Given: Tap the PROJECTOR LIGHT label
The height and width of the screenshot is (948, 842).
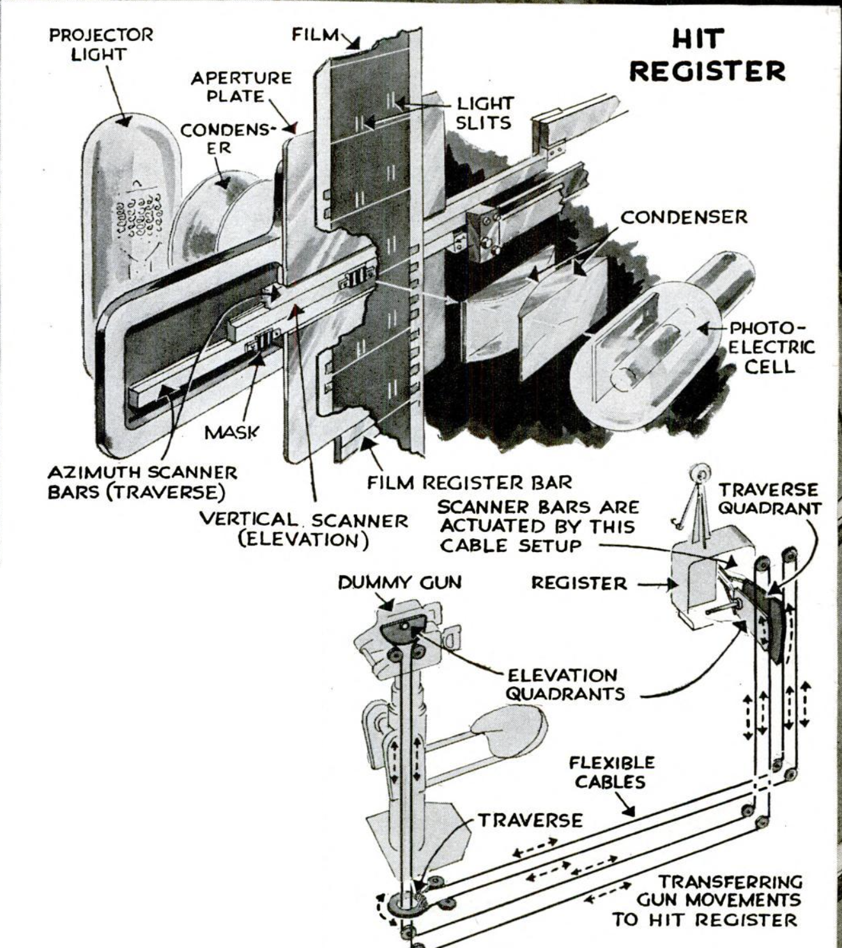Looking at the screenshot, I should click(102, 43).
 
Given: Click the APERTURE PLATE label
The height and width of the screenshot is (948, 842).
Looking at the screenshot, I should click(241, 87).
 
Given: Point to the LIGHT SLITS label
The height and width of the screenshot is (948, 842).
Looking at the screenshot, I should click(484, 112).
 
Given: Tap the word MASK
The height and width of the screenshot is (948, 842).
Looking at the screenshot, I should click(231, 432).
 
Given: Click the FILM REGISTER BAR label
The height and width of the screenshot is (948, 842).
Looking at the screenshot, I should click(470, 483).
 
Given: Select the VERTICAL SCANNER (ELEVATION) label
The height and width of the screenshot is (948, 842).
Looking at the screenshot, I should click(304, 530).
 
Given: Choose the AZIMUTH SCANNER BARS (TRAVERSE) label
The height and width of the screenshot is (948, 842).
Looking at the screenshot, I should click(142, 483).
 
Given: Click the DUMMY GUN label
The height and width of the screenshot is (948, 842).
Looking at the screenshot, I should click(399, 582).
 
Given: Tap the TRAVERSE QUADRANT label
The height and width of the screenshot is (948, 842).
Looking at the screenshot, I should click(769, 499).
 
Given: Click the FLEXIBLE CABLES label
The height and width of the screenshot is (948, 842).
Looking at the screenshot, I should click(611, 772).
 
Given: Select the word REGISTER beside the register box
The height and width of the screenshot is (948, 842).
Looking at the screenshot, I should click(579, 583).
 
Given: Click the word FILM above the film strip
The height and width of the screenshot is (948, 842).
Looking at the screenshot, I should click(315, 34).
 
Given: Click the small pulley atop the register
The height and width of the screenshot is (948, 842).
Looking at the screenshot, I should click(699, 476).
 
